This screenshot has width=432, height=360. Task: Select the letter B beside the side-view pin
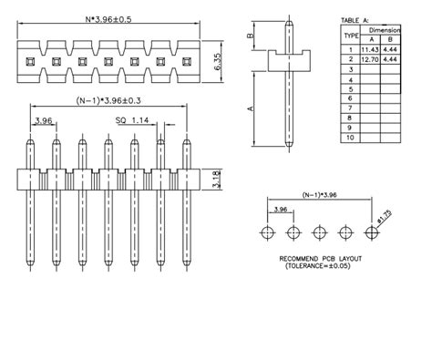click(x=252, y=37)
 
